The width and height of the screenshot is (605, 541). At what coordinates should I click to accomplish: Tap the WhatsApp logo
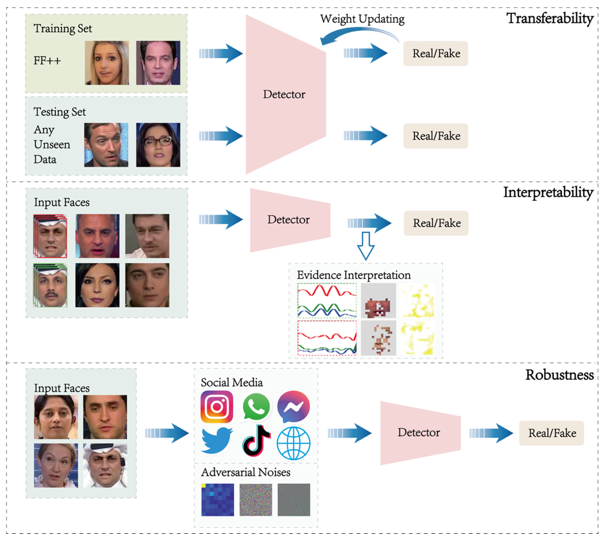[x=256, y=407]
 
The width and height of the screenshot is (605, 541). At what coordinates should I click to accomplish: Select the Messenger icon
[x=294, y=407]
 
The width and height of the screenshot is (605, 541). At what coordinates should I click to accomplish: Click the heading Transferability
[x=550, y=18]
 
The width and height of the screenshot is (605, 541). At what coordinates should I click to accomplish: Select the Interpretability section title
[x=548, y=193]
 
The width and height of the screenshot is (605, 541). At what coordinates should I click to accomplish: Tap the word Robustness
[x=559, y=375]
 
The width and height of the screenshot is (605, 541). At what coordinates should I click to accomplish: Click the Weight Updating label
[x=362, y=18]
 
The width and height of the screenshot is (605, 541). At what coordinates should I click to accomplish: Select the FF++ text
[x=47, y=61]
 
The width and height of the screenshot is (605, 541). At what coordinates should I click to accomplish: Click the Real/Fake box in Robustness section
[x=551, y=433]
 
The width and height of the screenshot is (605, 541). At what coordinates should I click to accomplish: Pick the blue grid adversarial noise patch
[x=217, y=499]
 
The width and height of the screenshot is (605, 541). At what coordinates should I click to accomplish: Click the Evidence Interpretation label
[x=353, y=275]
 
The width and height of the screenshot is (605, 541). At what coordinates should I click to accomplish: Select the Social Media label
[x=232, y=382]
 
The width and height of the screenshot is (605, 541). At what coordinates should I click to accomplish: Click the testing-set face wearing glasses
[x=158, y=144]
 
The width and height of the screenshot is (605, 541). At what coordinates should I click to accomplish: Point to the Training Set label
[x=63, y=29]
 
